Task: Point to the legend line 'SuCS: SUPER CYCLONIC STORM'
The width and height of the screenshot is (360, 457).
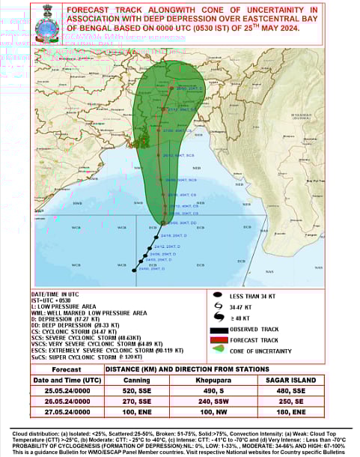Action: pyautogui.click(x=75, y=357)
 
